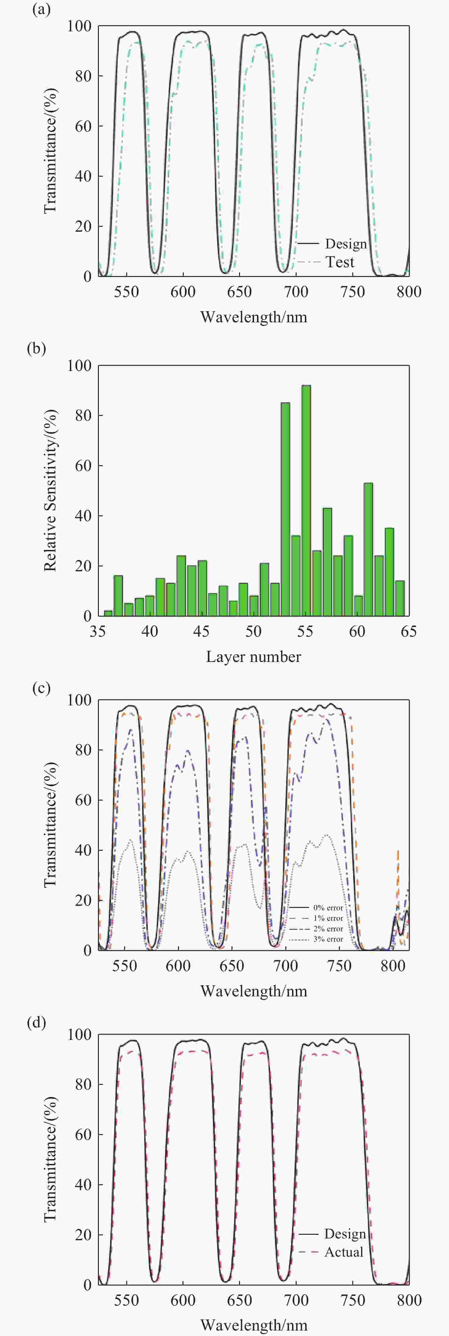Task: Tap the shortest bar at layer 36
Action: click(108, 613)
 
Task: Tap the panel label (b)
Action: click(36, 348)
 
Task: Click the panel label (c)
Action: click(41, 688)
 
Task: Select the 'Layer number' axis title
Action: click(253, 657)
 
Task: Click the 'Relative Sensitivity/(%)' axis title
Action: click(50, 491)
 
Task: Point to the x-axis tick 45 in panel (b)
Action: click(201, 632)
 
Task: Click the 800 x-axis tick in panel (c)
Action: click(393, 966)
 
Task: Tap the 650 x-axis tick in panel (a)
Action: click(239, 292)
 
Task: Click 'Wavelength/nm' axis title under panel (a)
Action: click(253, 317)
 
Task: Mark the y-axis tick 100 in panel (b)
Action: click(79, 366)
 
